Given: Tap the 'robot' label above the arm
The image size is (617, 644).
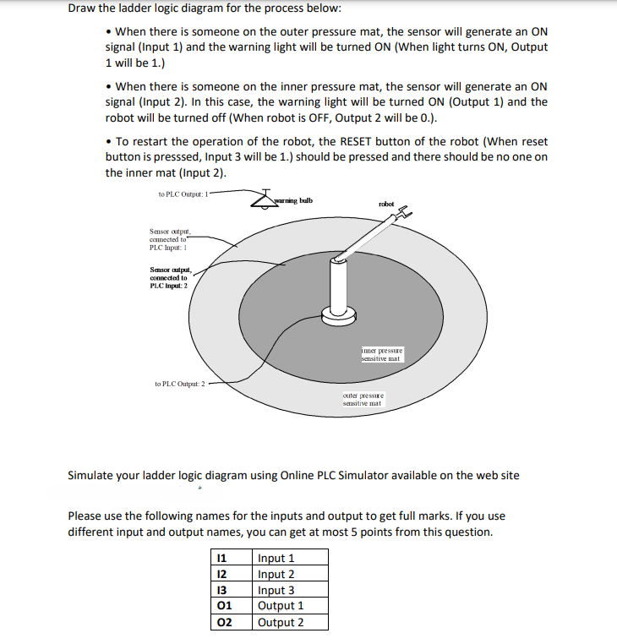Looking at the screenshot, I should click(386, 204).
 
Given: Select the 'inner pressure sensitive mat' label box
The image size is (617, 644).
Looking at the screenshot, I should click(382, 353).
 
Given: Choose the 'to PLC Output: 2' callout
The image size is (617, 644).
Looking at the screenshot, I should click(179, 384).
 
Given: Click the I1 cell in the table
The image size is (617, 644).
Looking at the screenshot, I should click(222, 558).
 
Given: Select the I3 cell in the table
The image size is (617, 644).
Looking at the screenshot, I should click(222, 590).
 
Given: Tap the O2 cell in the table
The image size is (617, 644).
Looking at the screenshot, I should click(224, 622).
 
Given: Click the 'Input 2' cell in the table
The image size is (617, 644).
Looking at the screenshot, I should click(276, 574).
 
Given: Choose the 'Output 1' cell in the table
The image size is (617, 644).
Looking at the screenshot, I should click(281, 606).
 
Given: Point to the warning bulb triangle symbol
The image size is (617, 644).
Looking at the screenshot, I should click(264, 199).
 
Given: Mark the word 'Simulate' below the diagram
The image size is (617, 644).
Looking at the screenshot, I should click(94, 475).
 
